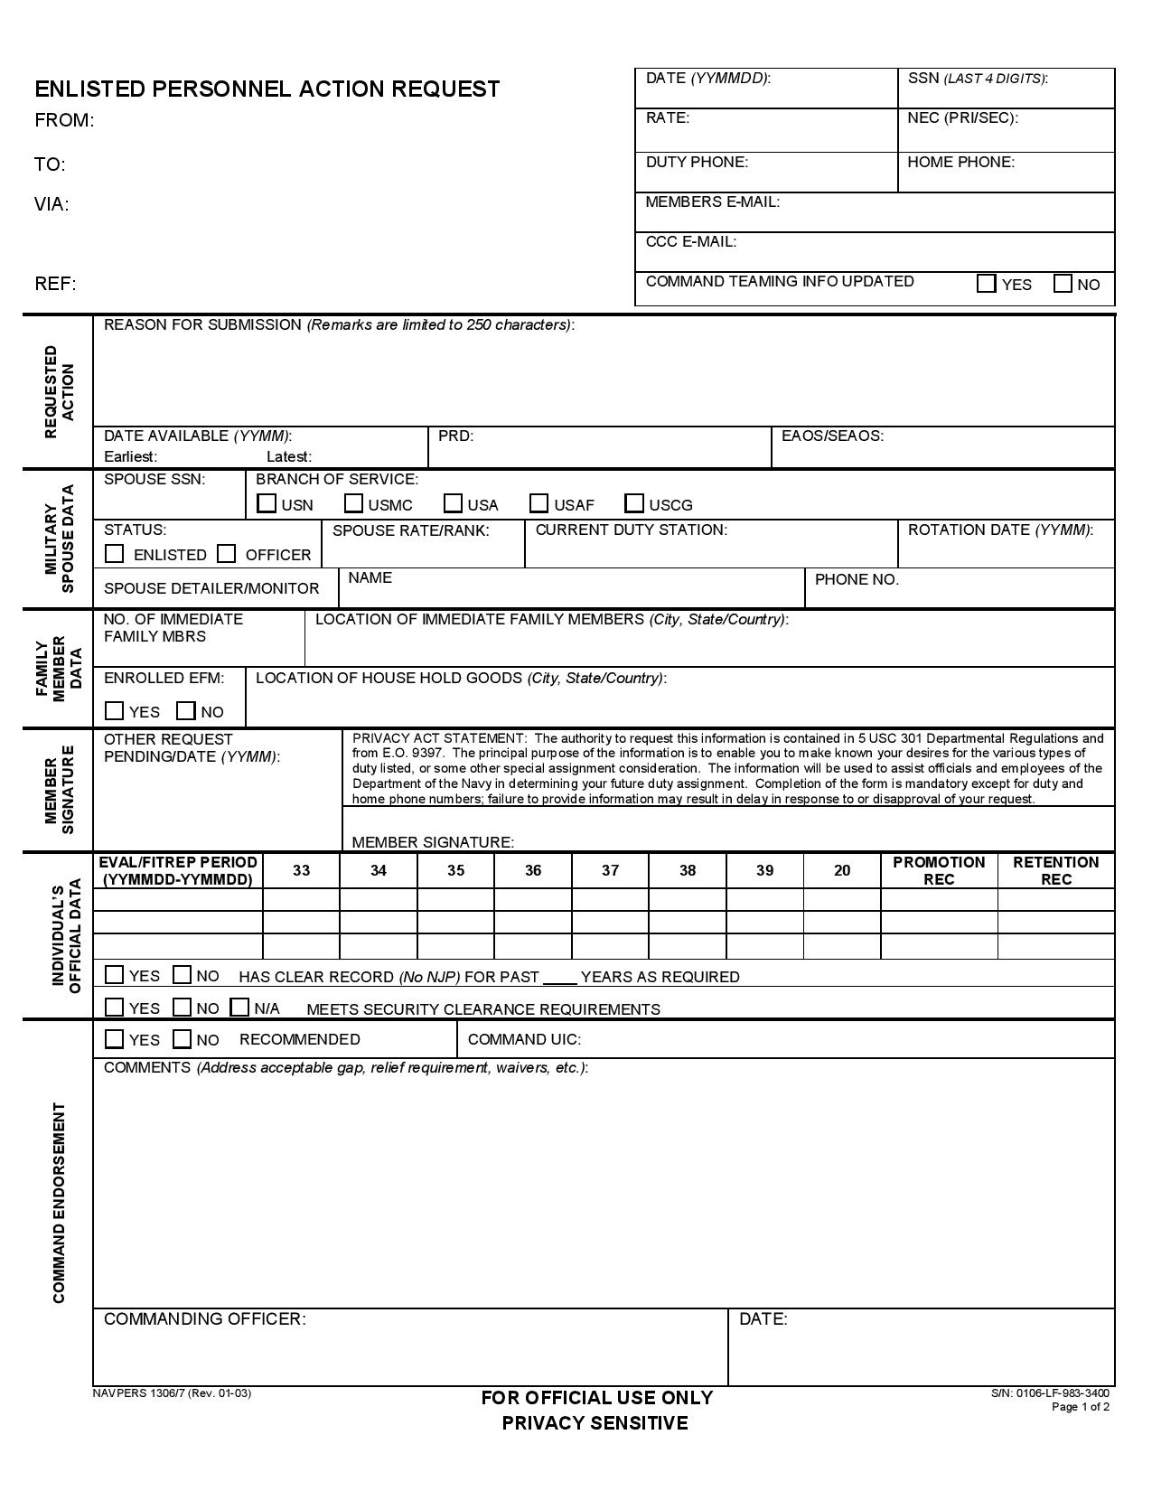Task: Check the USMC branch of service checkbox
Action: (x=354, y=503)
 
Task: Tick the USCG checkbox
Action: (x=635, y=503)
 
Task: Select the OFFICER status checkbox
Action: (x=227, y=553)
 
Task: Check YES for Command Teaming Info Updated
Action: (x=986, y=284)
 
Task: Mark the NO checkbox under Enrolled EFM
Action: (x=186, y=711)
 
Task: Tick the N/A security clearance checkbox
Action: (x=239, y=1007)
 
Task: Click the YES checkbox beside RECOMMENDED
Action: (x=115, y=1039)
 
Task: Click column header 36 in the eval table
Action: (x=533, y=870)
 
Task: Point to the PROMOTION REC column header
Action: (x=939, y=870)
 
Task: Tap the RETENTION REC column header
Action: (x=1055, y=870)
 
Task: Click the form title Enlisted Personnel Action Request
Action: (x=267, y=89)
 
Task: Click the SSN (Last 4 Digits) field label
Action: (x=977, y=79)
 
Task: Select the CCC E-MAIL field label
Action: (x=690, y=241)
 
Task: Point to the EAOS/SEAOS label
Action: (x=832, y=436)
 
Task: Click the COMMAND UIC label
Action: (x=524, y=1039)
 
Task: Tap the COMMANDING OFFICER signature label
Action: (x=205, y=1318)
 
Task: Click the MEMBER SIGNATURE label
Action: (x=433, y=842)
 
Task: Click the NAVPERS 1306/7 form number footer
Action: (x=172, y=1393)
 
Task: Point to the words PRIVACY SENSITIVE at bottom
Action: (x=595, y=1423)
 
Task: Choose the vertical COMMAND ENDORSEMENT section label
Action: (x=59, y=1202)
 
